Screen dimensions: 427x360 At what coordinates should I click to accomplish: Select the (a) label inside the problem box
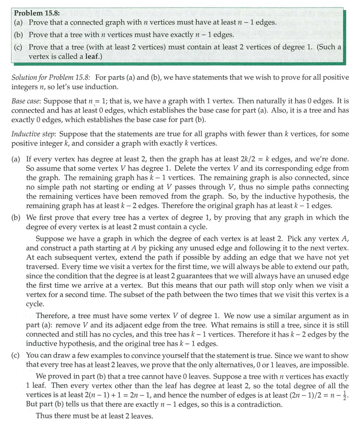click(x=19, y=23)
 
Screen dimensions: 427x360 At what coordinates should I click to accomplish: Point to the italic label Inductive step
click(x=33, y=134)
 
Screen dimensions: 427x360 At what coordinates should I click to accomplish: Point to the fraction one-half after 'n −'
click(x=346, y=395)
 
